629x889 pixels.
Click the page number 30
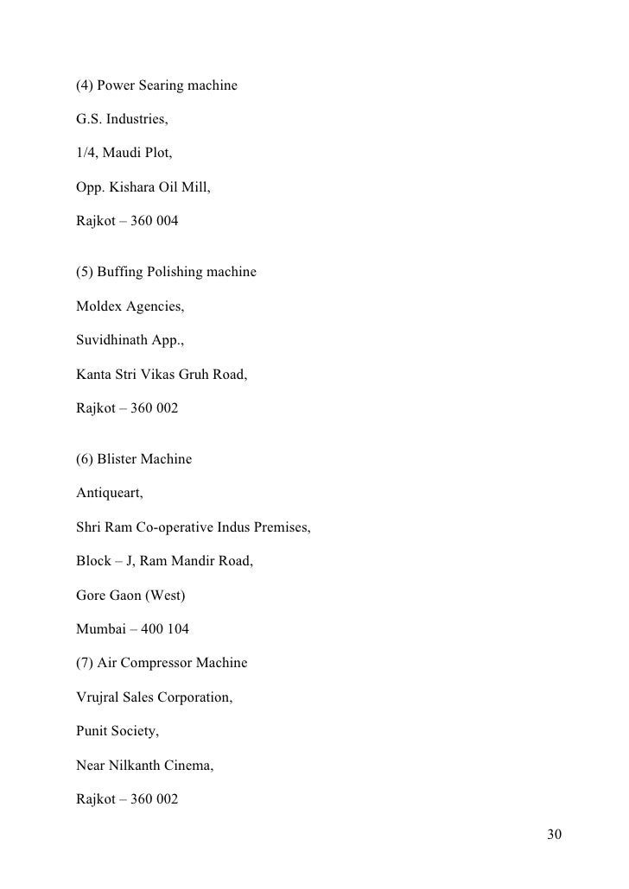coord(554,835)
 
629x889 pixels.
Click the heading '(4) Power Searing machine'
coord(156,86)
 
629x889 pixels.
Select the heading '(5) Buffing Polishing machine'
coord(166,272)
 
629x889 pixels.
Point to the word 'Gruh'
coord(208,374)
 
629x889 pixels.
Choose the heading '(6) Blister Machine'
coord(134,459)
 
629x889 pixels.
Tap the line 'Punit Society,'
coord(118,730)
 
